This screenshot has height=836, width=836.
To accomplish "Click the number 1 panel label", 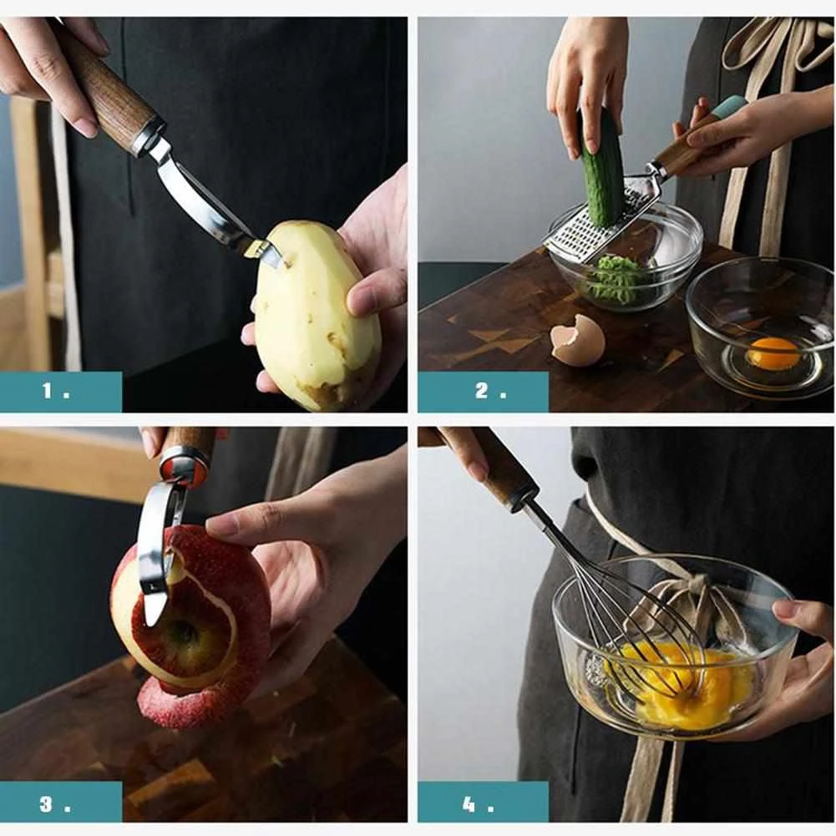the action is coord(56,392).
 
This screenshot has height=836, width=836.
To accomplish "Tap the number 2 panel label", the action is coord(490,392).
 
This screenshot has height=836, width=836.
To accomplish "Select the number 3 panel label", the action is coord(55,804).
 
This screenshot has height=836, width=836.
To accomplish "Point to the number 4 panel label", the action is coord(477,804).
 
